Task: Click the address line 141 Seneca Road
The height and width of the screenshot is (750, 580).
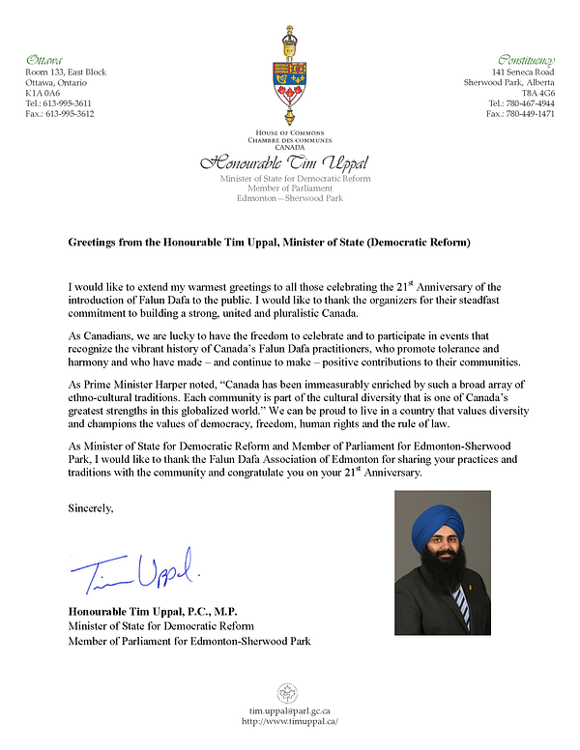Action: pyautogui.click(x=524, y=72)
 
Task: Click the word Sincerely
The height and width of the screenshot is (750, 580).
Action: pyautogui.click(x=91, y=506)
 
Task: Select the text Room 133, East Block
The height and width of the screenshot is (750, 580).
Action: pyautogui.click(x=66, y=72)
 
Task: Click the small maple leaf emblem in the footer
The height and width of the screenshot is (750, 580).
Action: pyautogui.click(x=288, y=692)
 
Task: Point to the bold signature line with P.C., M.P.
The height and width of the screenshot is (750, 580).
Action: pyautogui.click(x=153, y=612)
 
